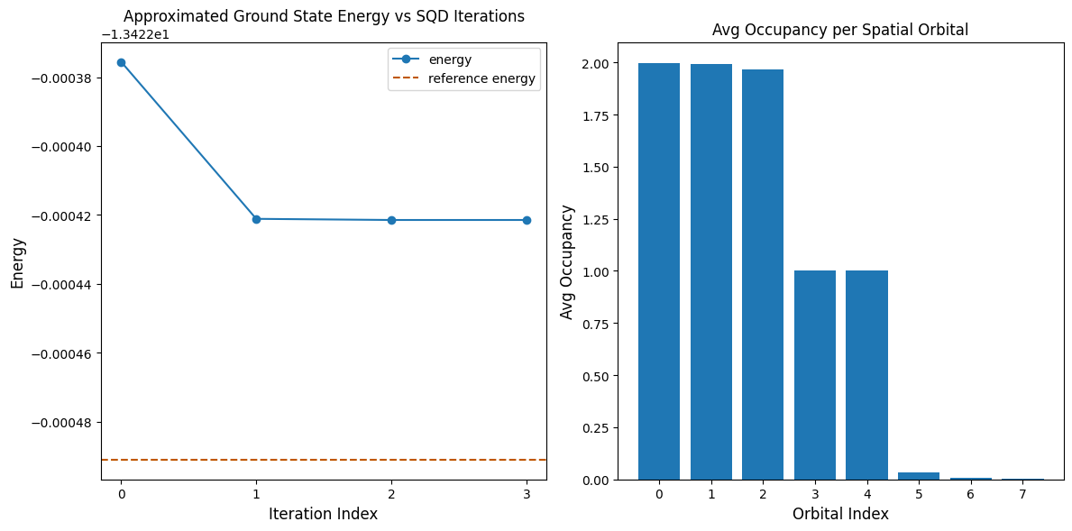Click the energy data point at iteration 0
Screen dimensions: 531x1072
[121, 62]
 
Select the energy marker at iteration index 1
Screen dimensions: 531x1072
[256, 219]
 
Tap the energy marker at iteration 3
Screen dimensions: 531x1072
[527, 220]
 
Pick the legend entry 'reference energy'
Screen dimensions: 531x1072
[481, 78]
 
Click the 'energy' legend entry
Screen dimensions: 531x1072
[450, 60]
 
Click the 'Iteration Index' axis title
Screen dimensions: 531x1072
[323, 514]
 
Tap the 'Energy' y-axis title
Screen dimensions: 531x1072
[17, 262]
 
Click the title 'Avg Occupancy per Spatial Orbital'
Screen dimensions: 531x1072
[839, 30]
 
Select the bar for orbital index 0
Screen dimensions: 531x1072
[659, 270]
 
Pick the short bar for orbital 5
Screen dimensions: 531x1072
[919, 476]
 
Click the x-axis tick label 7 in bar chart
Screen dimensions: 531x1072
[1023, 494]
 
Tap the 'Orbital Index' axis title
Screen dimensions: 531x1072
[839, 514]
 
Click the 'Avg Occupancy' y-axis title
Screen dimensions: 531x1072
[567, 262]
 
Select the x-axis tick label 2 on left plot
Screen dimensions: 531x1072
[391, 494]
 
